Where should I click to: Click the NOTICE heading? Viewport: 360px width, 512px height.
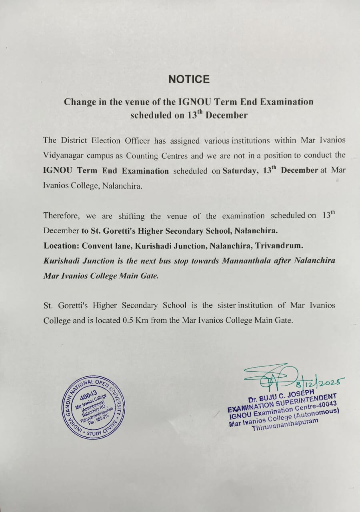pyautogui.click(x=189, y=79)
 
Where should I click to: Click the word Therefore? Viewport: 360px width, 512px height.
pyautogui.click(x=62, y=216)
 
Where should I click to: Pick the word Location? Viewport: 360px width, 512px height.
pyautogui.click(x=60, y=246)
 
